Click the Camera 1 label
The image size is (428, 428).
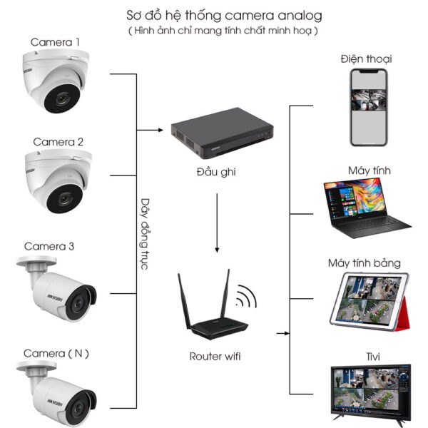pyautogui.click(x=55, y=43)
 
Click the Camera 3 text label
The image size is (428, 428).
pyautogui.click(x=49, y=247)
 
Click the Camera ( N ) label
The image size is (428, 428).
pyautogui.click(x=56, y=353)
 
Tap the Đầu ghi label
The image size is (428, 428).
pyautogui.click(x=215, y=172)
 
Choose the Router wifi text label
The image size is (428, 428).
pyautogui.click(x=215, y=355)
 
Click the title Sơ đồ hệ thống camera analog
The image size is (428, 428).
pyautogui.click(x=214, y=15)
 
